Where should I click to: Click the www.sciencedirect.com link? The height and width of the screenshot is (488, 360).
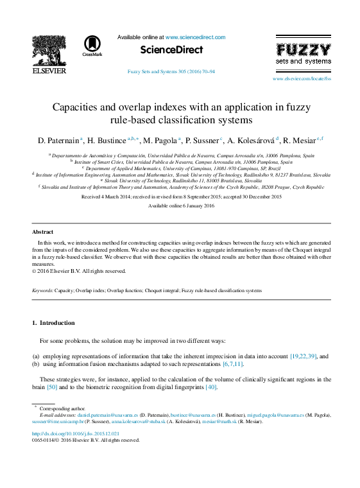[x=195, y=37]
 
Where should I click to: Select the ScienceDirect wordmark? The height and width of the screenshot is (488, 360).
[x=171, y=50]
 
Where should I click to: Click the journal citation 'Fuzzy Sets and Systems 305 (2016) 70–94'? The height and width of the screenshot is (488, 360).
[x=171, y=72]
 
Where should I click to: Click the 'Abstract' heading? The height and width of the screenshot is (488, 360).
[x=43, y=231]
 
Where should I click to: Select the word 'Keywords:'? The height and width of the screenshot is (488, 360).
[x=43, y=291]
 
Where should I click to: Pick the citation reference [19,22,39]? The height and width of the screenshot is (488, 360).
[x=304, y=356]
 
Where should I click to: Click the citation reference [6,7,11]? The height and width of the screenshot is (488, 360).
[x=232, y=364]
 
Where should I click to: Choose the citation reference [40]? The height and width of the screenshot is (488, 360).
[x=210, y=388]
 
